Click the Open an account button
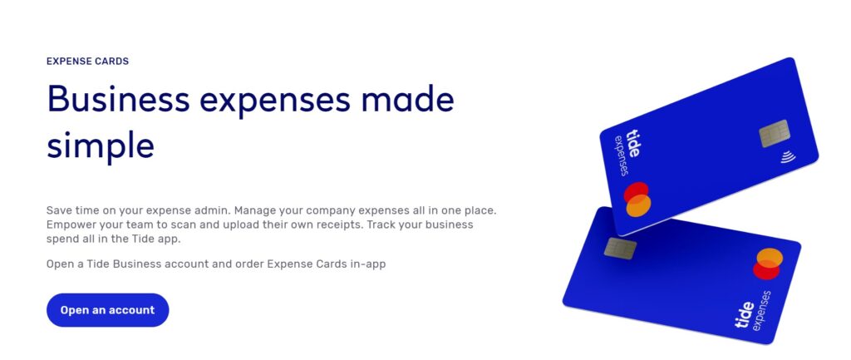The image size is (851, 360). pos(107,310)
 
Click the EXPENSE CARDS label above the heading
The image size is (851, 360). pos(87,62)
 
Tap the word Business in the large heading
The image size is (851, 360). pos(118,100)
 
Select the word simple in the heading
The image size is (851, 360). pos(101,145)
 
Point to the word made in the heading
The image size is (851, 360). pos(406,100)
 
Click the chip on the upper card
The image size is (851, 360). pos(775,134)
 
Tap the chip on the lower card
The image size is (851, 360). pos(620,249)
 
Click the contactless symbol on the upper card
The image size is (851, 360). pos(789,157)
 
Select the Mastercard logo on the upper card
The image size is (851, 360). pos(637,200)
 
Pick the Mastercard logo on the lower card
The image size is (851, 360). pos(768,264)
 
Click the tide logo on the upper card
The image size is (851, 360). pos(633,143)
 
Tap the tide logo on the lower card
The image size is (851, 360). pos(744,315)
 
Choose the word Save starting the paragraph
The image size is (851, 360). pos(57,210)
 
